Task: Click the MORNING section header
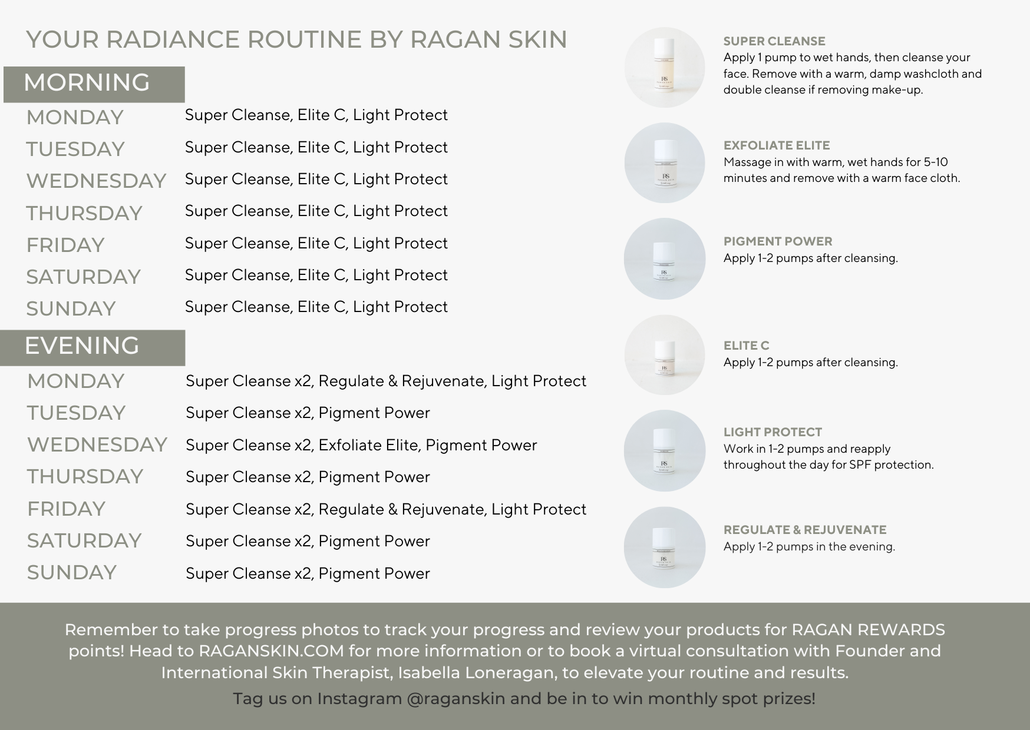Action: (87, 82)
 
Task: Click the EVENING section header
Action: (82, 346)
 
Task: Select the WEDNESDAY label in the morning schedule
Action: (96, 181)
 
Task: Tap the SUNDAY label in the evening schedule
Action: (72, 572)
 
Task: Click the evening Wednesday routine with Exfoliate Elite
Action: (361, 445)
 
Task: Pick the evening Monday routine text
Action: (386, 381)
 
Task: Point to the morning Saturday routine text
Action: (316, 275)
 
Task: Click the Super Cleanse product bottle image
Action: (665, 67)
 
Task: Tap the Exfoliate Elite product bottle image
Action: (665, 162)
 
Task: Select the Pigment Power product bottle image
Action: (665, 258)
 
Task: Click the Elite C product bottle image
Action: (665, 355)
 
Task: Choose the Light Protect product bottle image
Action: (665, 450)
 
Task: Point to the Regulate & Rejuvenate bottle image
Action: (665, 547)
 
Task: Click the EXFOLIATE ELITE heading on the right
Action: (777, 145)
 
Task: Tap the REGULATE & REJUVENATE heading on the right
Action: (805, 530)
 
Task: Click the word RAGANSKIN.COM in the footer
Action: (271, 651)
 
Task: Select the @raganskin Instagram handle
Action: (455, 699)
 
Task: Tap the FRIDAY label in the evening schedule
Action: (66, 509)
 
